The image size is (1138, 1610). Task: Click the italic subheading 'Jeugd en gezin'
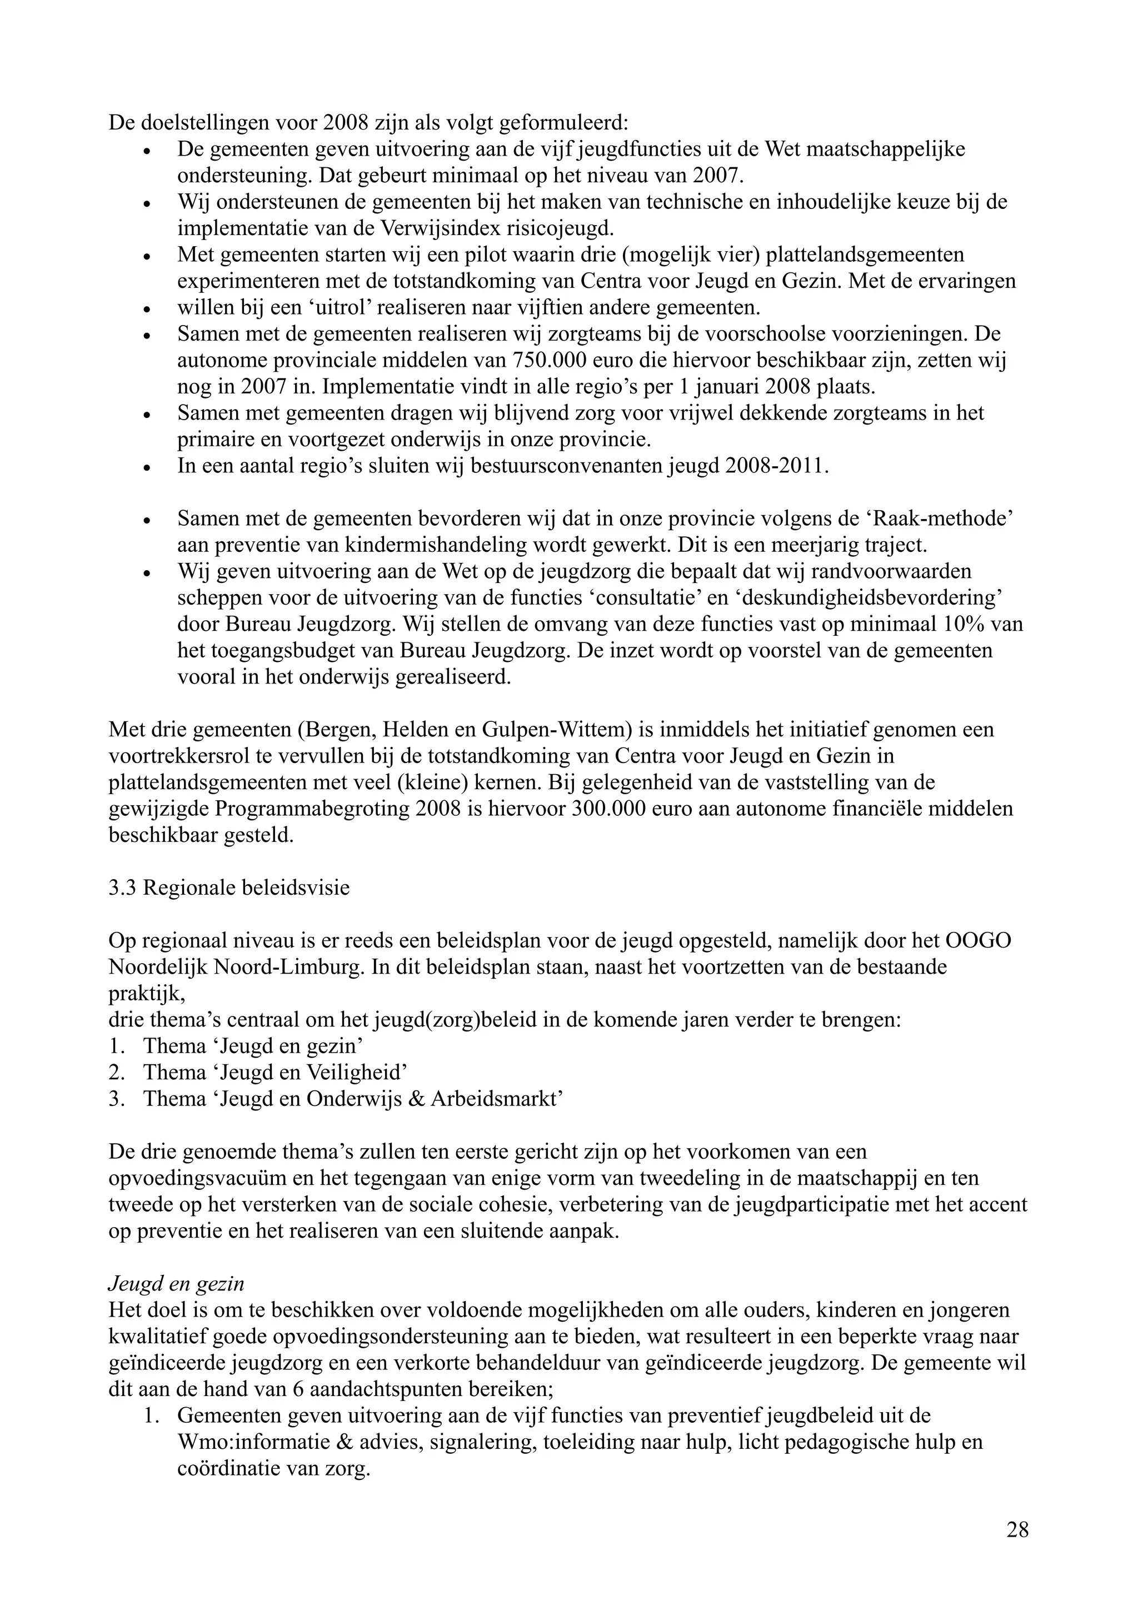coord(176,1283)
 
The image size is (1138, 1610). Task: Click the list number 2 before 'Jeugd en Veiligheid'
coord(116,1072)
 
